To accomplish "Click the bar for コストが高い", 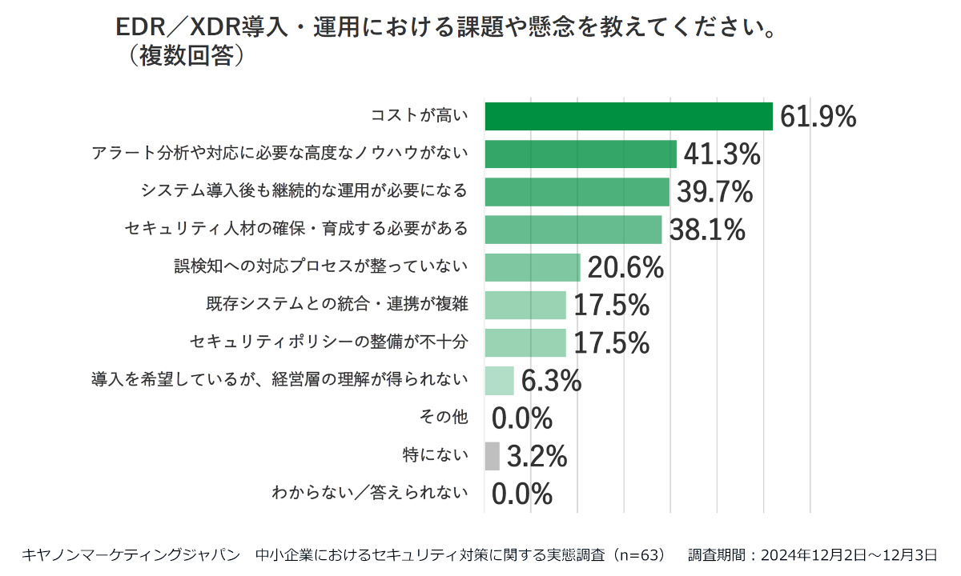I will (629, 116).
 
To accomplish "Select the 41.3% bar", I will (581, 154).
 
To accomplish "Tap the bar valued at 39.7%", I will (577, 192).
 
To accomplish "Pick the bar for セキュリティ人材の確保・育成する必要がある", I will (573, 230).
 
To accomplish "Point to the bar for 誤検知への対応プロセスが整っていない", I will (533, 267).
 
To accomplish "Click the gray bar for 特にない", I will (492, 456).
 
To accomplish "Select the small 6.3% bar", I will (499, 381).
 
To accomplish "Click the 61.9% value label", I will (818, 117).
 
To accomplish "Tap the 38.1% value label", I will (707, 230).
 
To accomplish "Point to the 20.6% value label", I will (625, 268).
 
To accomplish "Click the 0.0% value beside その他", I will (522, 418).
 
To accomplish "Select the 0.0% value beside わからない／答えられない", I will (522, 494).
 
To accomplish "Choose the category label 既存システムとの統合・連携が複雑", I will (337, 305).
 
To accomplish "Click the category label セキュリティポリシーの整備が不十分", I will (329, 342).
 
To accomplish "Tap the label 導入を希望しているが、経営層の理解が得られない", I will (279, 380).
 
